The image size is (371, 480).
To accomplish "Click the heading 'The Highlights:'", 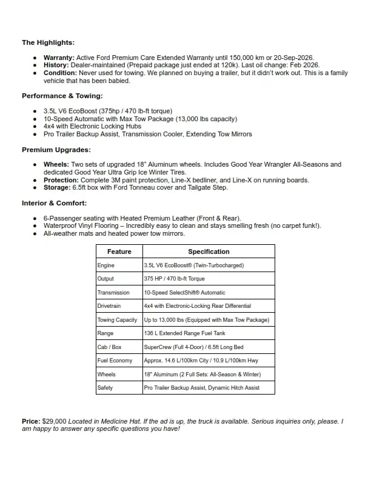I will click(48, 42).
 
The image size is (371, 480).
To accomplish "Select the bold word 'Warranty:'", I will click(59, 57).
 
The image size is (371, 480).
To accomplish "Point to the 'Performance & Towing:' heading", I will click(62, 96).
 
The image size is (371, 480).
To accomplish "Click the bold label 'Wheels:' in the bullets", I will click(56, 164).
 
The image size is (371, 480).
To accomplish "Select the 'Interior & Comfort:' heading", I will click(55, 203).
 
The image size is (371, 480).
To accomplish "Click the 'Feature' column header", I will click(119, 252).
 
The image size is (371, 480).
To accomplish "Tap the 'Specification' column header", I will click(209, 252).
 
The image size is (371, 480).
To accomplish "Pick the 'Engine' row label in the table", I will click(106, 265).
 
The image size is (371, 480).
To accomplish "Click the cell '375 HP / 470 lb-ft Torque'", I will click(175, 279).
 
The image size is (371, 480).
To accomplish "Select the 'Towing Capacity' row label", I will click(118, 320).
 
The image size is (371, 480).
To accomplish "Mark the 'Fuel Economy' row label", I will click(115, 361).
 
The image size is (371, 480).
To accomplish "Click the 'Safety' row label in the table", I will click(105, 387).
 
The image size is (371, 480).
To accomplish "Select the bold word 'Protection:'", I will click(61, 180).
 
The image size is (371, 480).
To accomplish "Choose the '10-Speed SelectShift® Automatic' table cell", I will click(184, 293).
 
